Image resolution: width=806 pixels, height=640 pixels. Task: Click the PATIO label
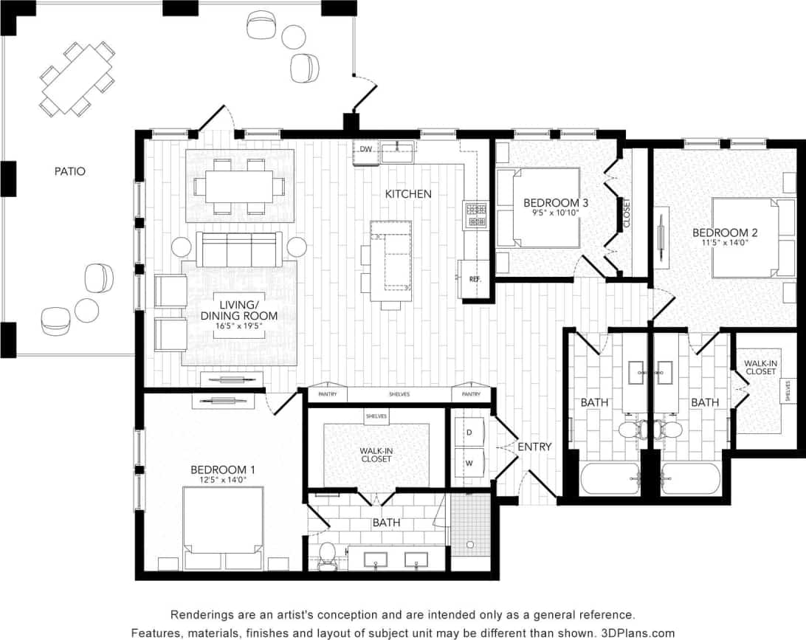click(x=69, y=171)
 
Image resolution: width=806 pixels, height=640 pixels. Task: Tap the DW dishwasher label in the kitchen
click(x=366, y=150)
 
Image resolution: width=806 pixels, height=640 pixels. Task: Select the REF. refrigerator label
click(x=475, y=279)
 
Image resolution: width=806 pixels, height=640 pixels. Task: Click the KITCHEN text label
click(x=408, y=194)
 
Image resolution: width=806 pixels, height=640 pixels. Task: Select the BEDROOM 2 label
click(x=725, y=233)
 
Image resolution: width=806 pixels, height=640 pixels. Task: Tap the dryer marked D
click(x=468, y=433)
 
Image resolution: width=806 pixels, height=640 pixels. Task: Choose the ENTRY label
click(x=534, y=447)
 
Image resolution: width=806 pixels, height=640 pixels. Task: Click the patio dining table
click(x=77, y=79)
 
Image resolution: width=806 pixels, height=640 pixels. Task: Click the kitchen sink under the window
click(x=398, y=153)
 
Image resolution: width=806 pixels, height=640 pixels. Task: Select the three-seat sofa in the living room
click(x=238, y=249)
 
